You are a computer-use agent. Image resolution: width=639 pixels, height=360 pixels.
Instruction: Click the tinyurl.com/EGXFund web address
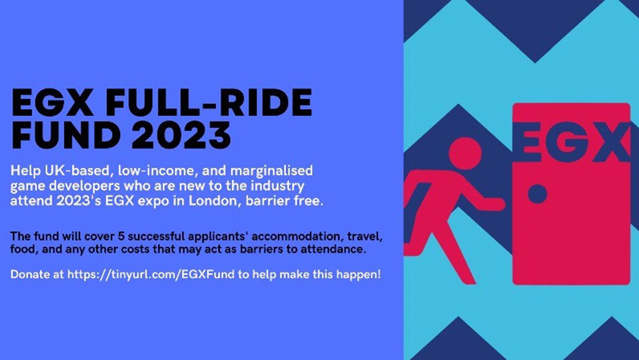151,274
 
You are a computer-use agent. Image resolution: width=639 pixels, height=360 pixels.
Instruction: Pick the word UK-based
77,170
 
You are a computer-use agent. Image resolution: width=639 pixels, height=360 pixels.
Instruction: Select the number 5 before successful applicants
121,236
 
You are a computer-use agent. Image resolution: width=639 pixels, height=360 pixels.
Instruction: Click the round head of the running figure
465,153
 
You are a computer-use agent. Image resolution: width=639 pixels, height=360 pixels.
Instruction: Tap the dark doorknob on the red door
537,194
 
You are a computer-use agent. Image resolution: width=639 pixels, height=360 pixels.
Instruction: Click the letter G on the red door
564,142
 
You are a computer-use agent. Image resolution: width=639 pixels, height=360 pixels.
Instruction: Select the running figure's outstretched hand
496,204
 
